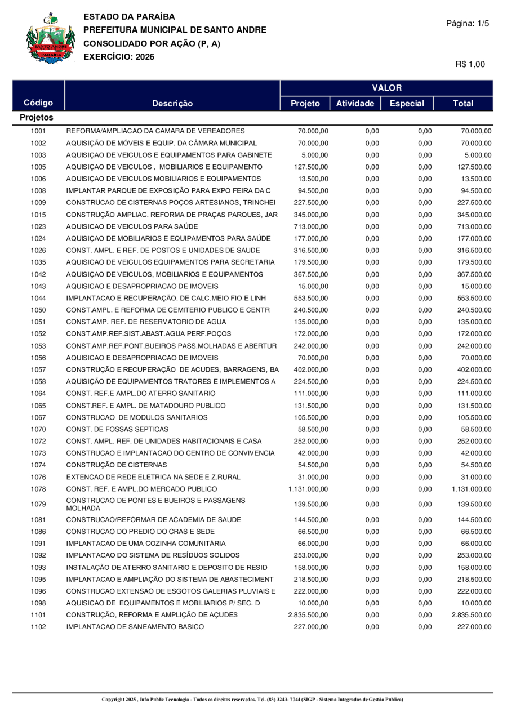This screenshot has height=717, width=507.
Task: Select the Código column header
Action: pyautogui.click(x=38, y=103)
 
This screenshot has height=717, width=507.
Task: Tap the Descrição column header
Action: pyautogui.click(x=172, y=103)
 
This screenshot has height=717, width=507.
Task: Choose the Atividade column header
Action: pyautogui.click(x=354, y=103)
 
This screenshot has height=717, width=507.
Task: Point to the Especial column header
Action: pyautogui.click(x=406, y=103)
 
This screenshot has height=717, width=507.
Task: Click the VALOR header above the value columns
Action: pyautogui.click(x=386, y=88)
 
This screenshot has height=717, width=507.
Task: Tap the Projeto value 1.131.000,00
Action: pyautogui.click(x=309, y=488)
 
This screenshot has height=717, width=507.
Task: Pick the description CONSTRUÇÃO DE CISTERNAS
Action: pyautogui.click(x=117, y=465)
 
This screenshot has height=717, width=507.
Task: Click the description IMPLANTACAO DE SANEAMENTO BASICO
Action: pyautogui.click(x=135, y=642)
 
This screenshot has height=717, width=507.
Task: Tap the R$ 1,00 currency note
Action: pyautogui.click(x=470, y=64)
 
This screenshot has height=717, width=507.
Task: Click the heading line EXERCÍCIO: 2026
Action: pyautogui.click(x=119, y=56)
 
